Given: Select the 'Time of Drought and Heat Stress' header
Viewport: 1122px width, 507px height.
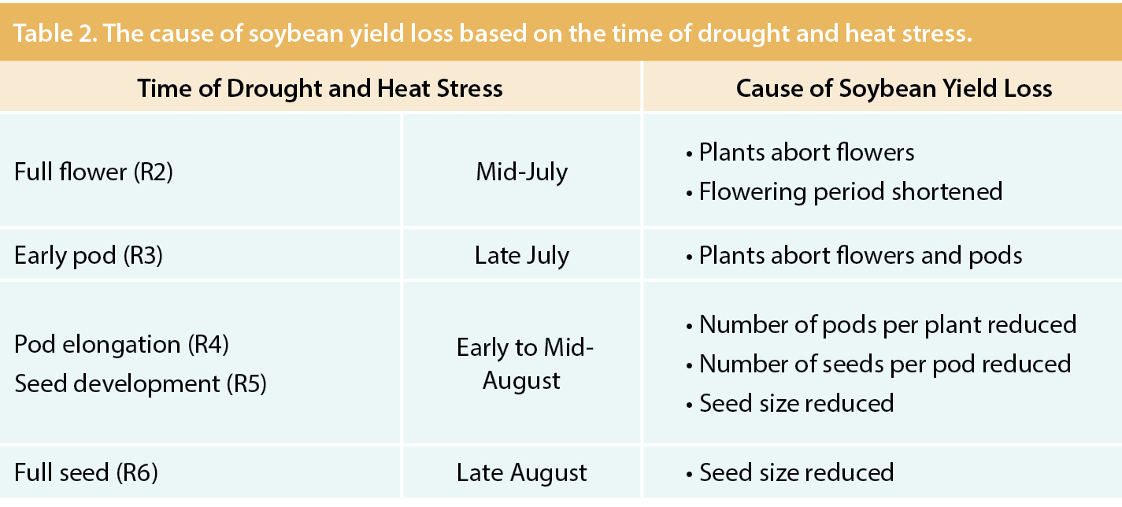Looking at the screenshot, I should tap(320, 87).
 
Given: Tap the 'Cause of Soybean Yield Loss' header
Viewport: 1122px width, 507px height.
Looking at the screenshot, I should tap(894, 87).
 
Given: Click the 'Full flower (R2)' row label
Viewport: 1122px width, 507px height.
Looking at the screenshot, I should tap(93, 172).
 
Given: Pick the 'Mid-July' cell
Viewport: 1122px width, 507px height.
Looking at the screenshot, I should tap(521, 172).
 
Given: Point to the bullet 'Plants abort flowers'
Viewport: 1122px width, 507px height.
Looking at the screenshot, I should tap(806, 152).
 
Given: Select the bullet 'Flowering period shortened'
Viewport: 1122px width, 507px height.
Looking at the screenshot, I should tap(850, 191).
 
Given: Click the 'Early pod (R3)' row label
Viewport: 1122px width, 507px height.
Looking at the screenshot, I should tap(88, 255).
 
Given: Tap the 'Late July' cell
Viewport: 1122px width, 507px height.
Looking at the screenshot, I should tap(521, 255).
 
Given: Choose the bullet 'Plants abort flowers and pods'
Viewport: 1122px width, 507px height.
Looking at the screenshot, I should tap(861, 255).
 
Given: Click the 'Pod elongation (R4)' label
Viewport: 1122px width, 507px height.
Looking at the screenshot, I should tap(121, 344).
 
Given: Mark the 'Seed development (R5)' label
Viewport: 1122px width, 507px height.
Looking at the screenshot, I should tap(140, 383).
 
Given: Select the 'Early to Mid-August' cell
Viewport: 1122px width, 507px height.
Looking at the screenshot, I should tap(521, 364).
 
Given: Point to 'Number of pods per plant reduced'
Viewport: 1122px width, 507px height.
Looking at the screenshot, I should tap(887, 324).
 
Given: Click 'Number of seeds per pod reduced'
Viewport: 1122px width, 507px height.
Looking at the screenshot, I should tap(884, 364).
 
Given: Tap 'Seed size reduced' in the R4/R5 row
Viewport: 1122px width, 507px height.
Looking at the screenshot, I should tap(796, 403).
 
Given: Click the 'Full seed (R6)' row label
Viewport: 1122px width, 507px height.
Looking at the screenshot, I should tap(86, 472).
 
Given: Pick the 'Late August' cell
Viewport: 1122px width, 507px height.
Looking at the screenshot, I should tap(521, 472).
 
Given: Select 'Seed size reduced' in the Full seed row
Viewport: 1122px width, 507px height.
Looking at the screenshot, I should tap(796, 472).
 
